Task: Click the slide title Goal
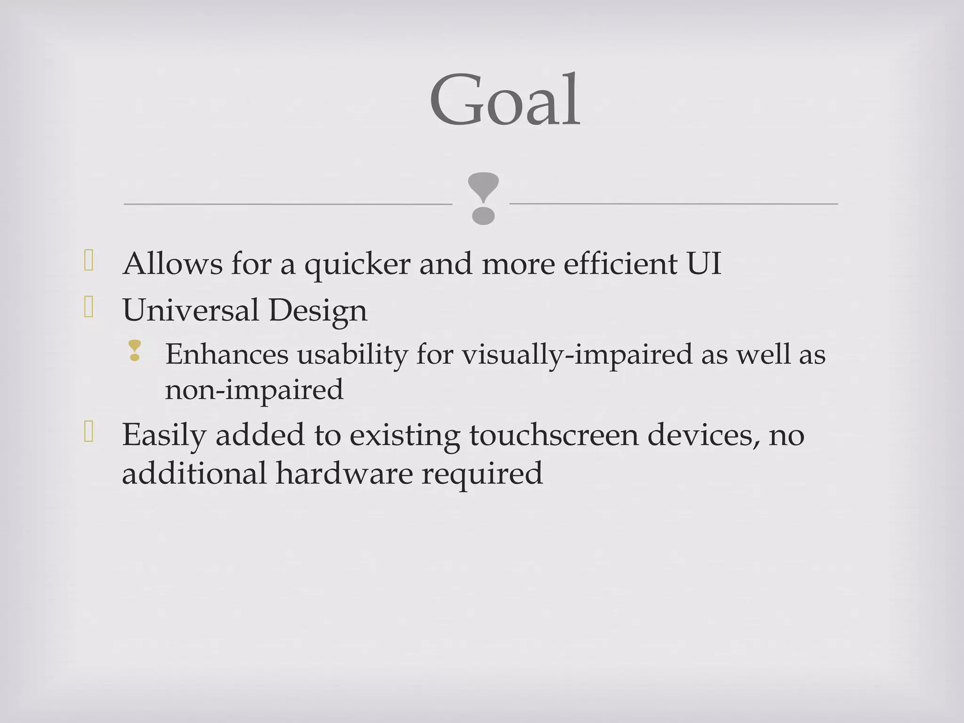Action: pos(505,100)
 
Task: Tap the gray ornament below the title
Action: pos(483,198)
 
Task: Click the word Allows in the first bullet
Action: pos(172,264)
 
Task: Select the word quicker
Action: pos(358,265)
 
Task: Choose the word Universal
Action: pos(191,311)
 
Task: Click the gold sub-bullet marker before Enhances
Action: pos(135,351)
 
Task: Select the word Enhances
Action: pos(226,354)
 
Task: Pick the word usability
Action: pos(353,355)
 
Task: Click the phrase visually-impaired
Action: pos(577,355)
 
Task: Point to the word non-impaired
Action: pos(254,390)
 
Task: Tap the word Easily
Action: pos(164,435)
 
